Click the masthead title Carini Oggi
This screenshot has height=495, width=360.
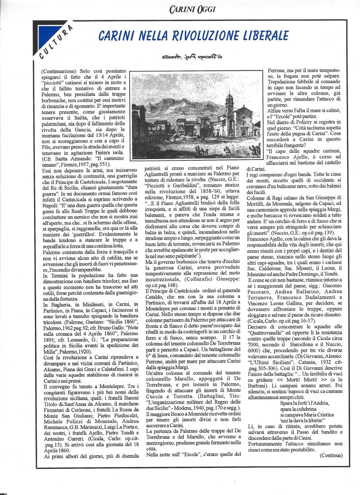click(192, 8)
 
